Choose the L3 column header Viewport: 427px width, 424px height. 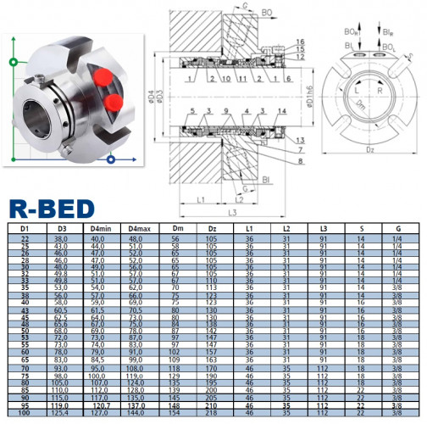(324, 228)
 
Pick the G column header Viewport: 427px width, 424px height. (397, 228)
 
